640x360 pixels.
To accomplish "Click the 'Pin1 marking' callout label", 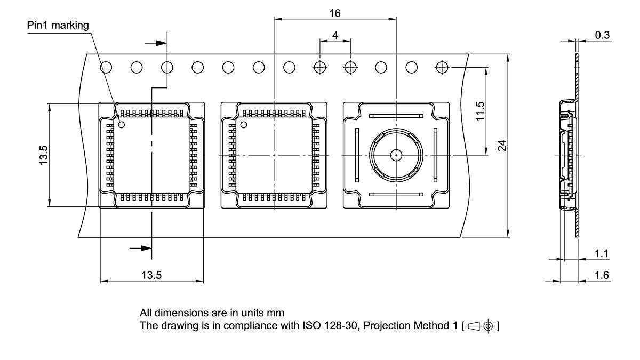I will point(58,25).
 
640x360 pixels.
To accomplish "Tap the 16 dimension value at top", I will point(334,13).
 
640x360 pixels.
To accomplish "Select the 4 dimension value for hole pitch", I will point(335,35).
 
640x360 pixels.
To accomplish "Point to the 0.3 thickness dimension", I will point(603,35).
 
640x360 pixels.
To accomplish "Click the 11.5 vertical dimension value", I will point(479,111).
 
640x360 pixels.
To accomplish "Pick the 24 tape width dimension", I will point(502,145).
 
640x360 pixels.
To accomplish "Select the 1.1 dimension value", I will point(602,254).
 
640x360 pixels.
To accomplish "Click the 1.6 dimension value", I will point(602,275).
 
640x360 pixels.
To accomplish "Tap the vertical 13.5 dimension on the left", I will point(43,155).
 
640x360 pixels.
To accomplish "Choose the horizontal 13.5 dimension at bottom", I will point(151,275).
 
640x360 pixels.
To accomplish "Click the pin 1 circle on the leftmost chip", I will point(122,125).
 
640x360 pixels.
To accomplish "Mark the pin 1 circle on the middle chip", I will point(244,125).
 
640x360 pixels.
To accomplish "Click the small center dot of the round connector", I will point(396,155).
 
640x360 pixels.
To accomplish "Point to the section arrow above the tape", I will point(155,43).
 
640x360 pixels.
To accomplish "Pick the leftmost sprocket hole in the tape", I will point(106,67).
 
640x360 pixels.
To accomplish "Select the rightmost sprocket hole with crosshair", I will point(442,67).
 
